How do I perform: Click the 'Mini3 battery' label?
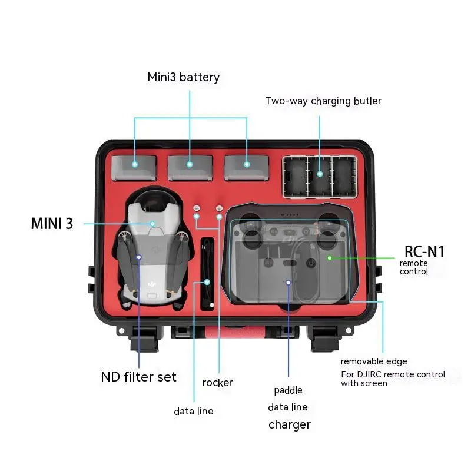click(x=183, y=77)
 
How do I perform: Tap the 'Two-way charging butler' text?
click(x=323, y=101)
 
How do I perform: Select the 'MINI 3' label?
click(x=52, y=224)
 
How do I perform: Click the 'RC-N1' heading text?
click(x=424, y=251)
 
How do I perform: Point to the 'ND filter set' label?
click(x=138, y=377)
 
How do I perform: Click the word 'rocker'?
click(x=217, y=383)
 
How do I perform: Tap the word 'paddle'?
click(x=288, y=390)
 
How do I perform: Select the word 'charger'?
click(x=290, y=424)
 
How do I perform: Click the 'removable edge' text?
click(x=374, y=361)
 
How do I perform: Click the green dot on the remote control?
click(x=330, y=258)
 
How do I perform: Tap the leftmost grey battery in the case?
click(x=134, y=168)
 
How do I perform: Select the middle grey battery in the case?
click(x=190, y=168)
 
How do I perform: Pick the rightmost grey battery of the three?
click(x=246, y=168)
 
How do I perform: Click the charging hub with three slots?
click(x=320, y=177)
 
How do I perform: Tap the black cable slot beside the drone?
click(x=207, y=274)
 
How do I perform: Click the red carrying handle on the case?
click(x=235, y=333)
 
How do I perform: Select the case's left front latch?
click(x=144, y=339)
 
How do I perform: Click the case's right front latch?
click(x=325, y=339)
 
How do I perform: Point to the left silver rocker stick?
click(x=197, y=208)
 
